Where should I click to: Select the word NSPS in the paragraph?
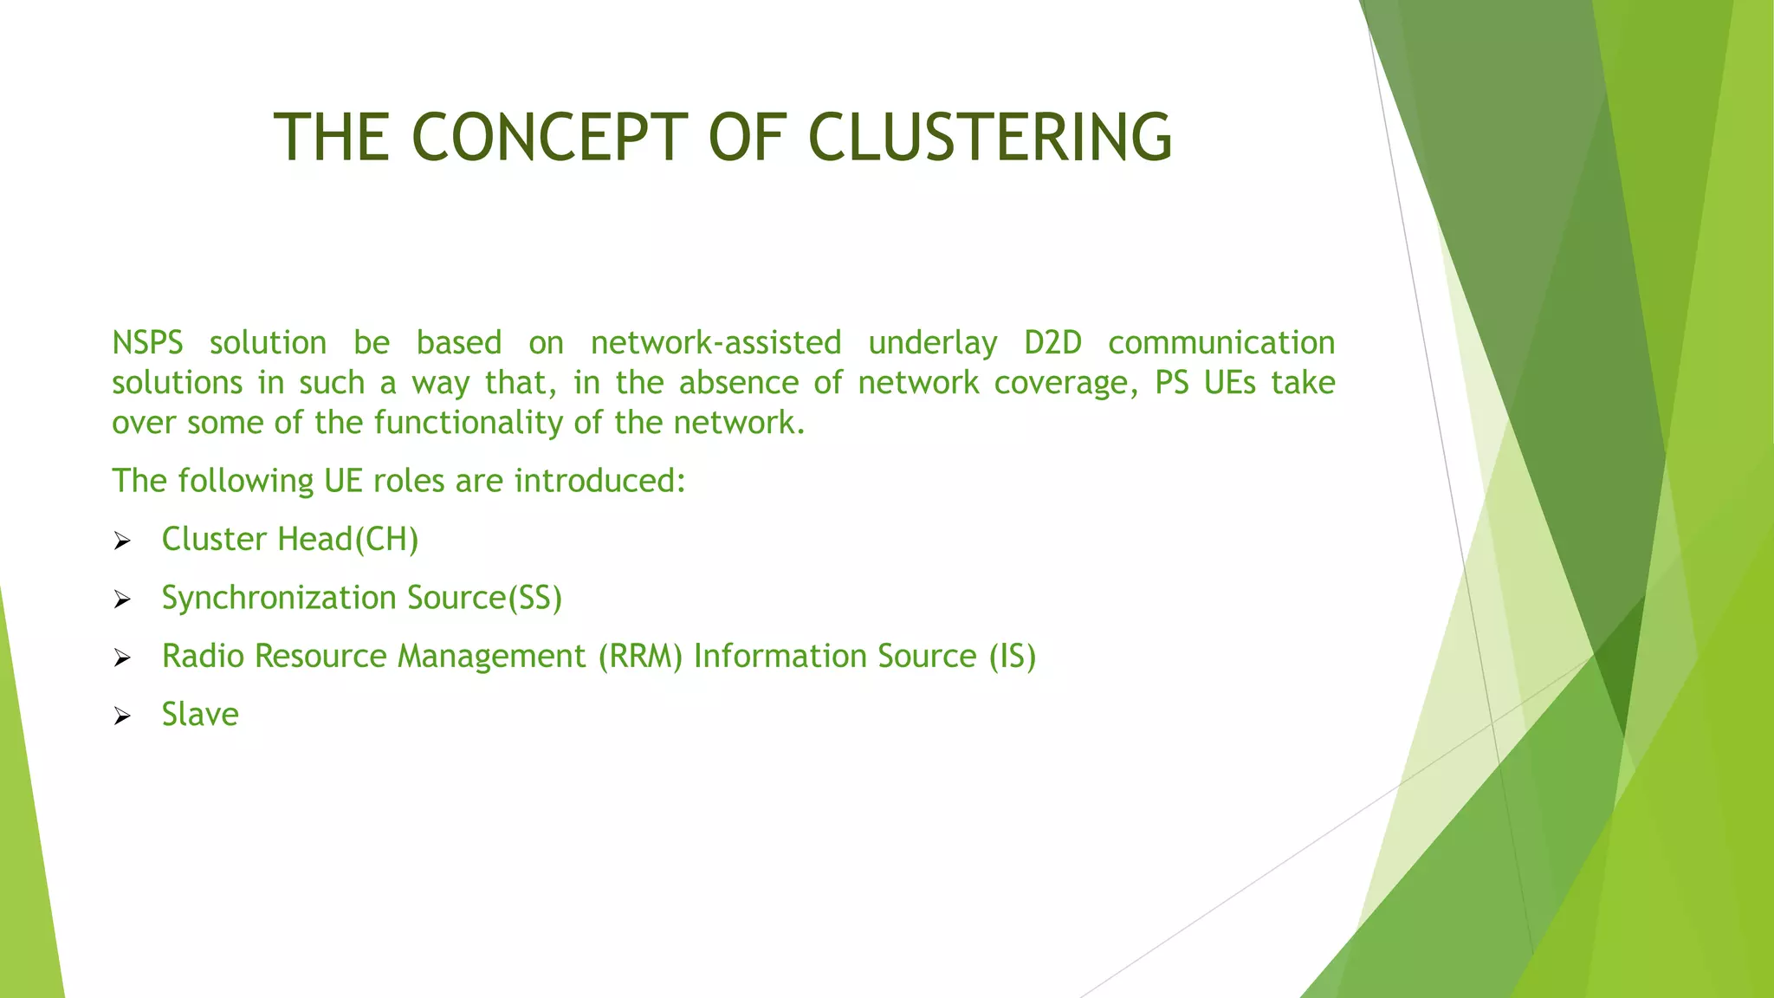(x=147, y=343)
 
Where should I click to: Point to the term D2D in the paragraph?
(x=1052, y=343)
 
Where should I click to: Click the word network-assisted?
(x=715, y=343)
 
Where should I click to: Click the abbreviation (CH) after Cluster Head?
(x=386, y=540)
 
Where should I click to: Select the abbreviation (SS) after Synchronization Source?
(x=534, y=598)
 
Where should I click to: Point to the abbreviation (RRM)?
(x=640, y=657)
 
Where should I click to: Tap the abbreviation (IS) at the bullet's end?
(x=1013, y=657)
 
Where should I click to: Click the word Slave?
(x=200, y=715)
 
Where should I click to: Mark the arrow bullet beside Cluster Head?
(x=122, y=542)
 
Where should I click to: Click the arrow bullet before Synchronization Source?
(x=122, y=600)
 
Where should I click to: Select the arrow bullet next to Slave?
(x=122, y=716)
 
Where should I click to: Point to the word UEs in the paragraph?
(x=1229, y=383)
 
